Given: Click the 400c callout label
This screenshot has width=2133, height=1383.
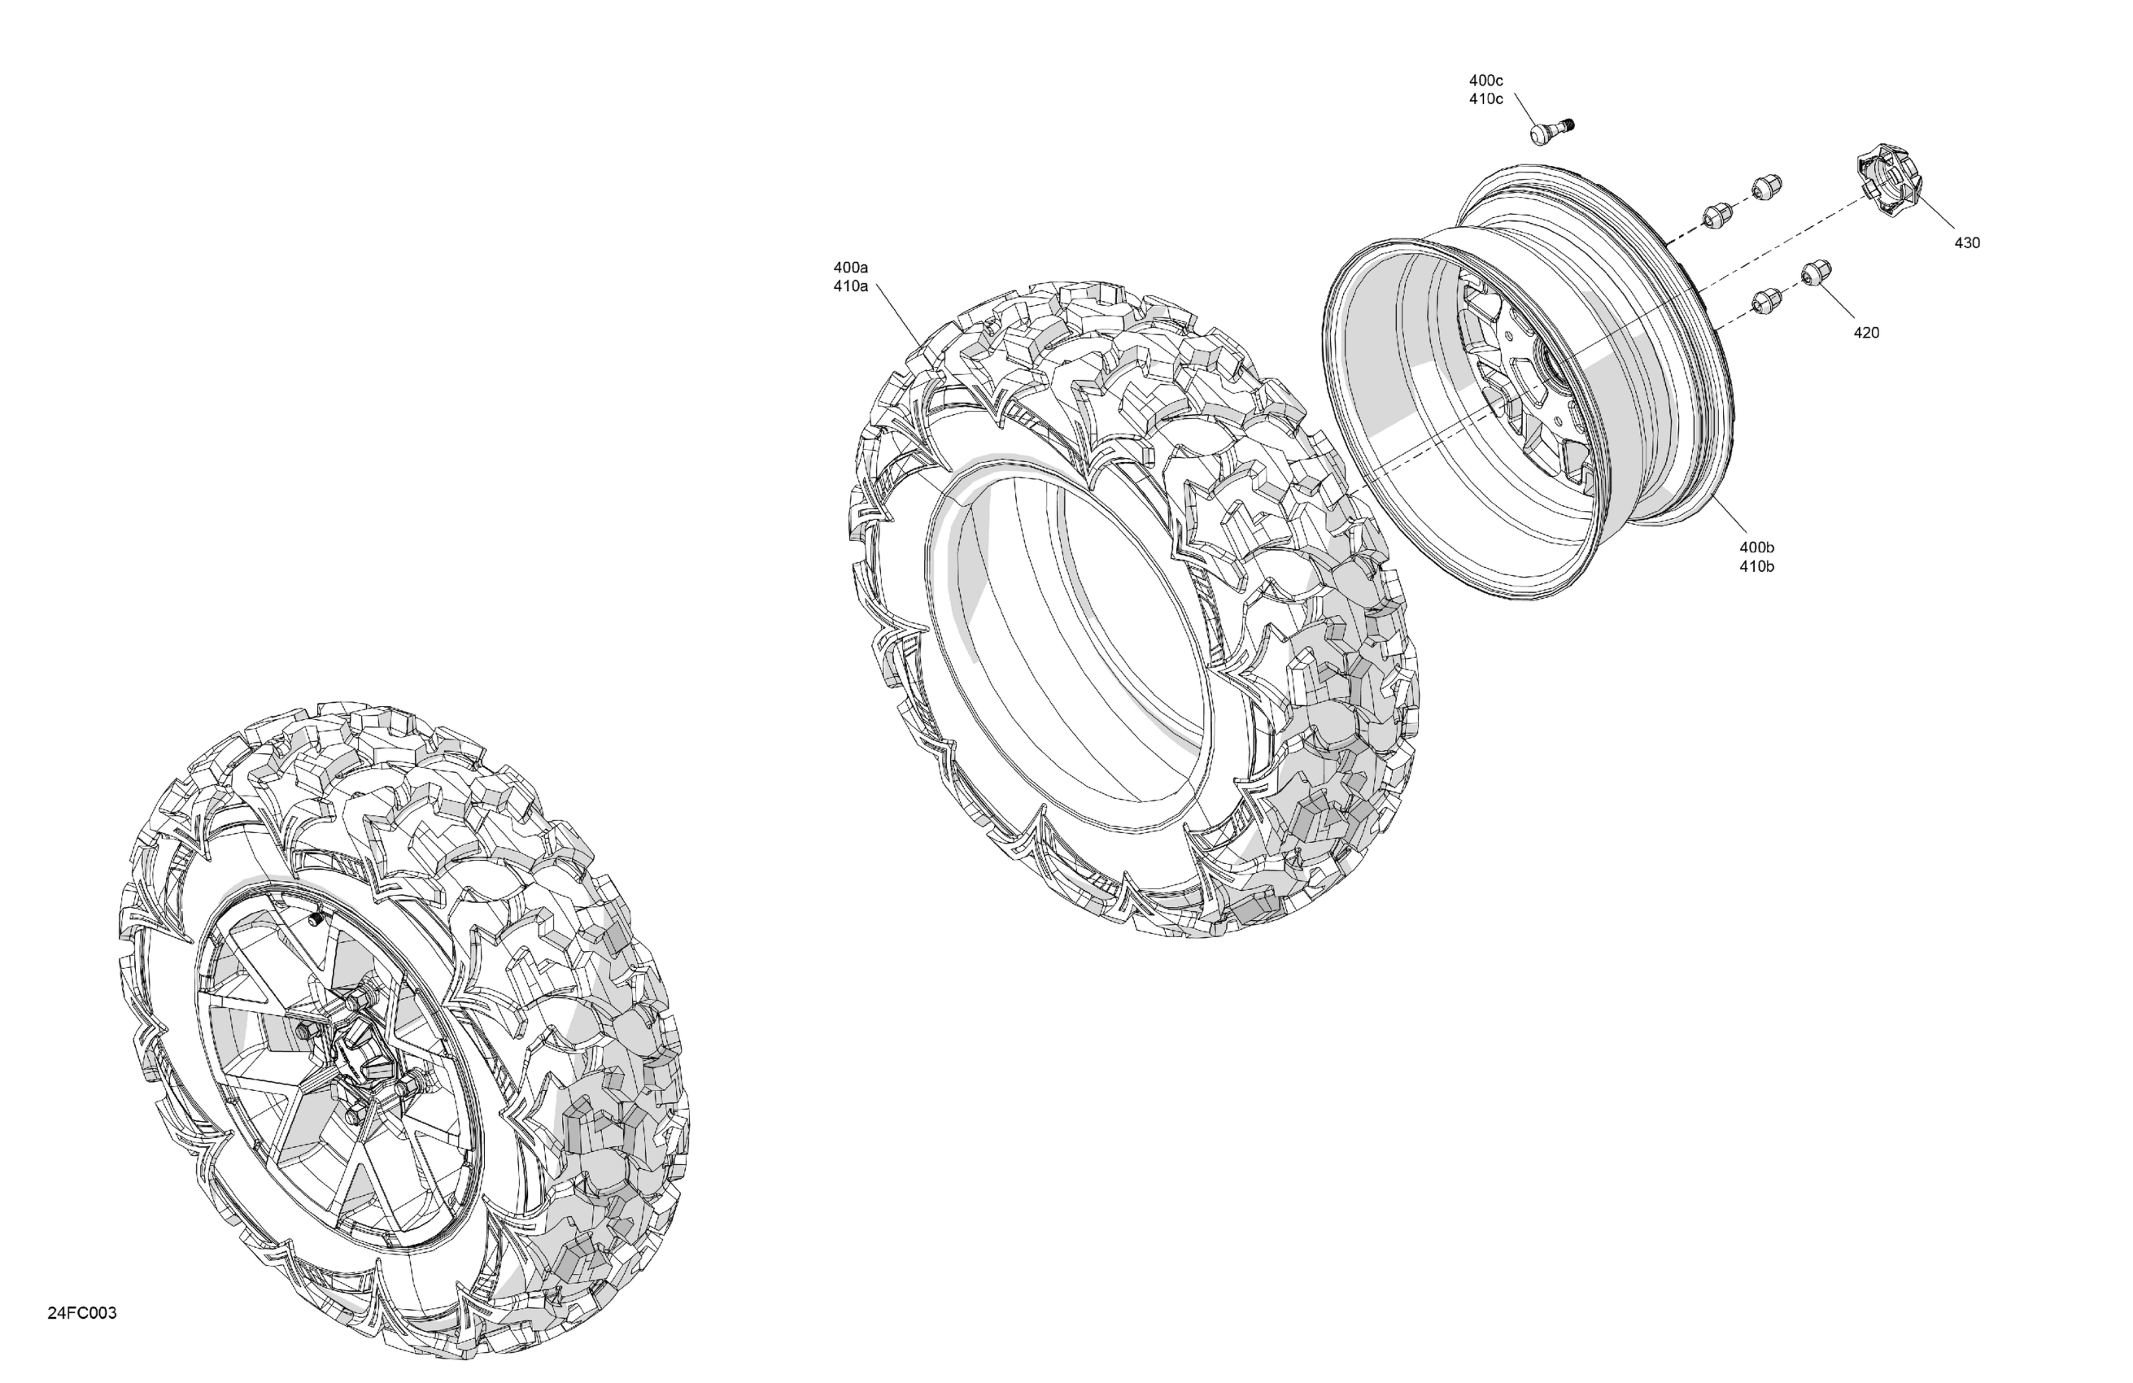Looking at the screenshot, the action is (1485, 81).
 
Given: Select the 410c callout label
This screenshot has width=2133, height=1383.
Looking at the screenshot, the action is (1485, 99).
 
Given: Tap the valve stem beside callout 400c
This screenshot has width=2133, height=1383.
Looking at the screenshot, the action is (1551, 130).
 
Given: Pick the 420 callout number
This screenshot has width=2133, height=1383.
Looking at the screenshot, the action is (1866, 333).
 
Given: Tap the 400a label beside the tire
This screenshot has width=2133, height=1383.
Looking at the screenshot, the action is (850, 267).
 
